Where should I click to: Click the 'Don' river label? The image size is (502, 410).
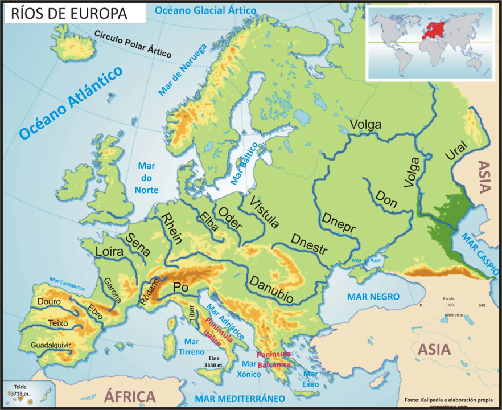point(386,198)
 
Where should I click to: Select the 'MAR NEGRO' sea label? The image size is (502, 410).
point(374,297)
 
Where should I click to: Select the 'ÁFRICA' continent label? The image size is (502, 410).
point(130,396)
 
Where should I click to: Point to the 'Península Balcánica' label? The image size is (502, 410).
point(274,359)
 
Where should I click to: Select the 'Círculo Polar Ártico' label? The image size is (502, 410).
point(133,43)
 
